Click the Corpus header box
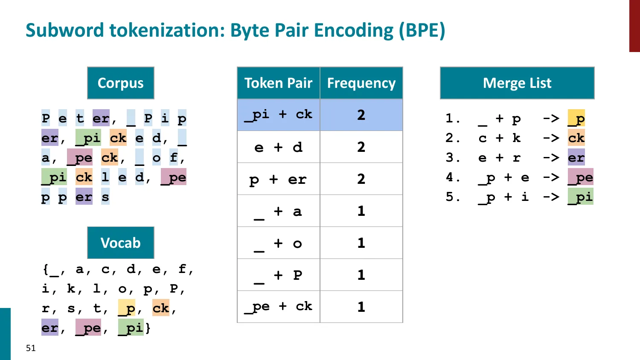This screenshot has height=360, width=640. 120,83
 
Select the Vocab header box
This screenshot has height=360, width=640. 120,243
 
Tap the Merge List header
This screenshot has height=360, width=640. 517,83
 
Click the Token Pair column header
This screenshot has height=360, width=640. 278,83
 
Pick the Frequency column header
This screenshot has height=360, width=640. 361,83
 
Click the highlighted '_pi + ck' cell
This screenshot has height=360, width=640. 278,115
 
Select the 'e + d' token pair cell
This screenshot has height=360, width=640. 278,147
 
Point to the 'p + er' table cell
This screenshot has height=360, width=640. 278,179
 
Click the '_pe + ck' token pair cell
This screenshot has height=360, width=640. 278,307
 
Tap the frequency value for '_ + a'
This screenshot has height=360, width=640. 361,211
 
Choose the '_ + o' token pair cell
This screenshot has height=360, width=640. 278,243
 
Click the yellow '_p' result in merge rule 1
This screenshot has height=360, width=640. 576,119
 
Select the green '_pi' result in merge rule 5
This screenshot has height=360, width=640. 580,197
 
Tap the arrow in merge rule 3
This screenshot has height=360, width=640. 551,158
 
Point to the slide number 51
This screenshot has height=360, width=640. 31,348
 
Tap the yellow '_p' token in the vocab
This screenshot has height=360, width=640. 127,308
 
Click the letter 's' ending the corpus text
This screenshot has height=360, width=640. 105,197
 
